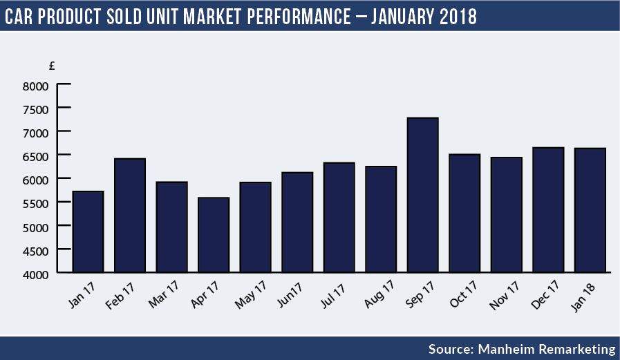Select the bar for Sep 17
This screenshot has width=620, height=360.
[x=422, y=195]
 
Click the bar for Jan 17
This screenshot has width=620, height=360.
[x=88, y=231]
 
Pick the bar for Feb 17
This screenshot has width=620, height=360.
[x=130, y=216]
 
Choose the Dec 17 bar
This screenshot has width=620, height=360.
[x=548, y=210]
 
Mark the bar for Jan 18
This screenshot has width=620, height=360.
[x=590, y=210]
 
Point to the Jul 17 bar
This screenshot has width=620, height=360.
[x=339, y=218]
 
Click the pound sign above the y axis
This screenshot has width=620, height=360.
[x=53, y=66]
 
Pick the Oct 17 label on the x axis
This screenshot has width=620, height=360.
[x=462, y=293]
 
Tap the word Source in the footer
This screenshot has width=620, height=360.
[x=449, y=349]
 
